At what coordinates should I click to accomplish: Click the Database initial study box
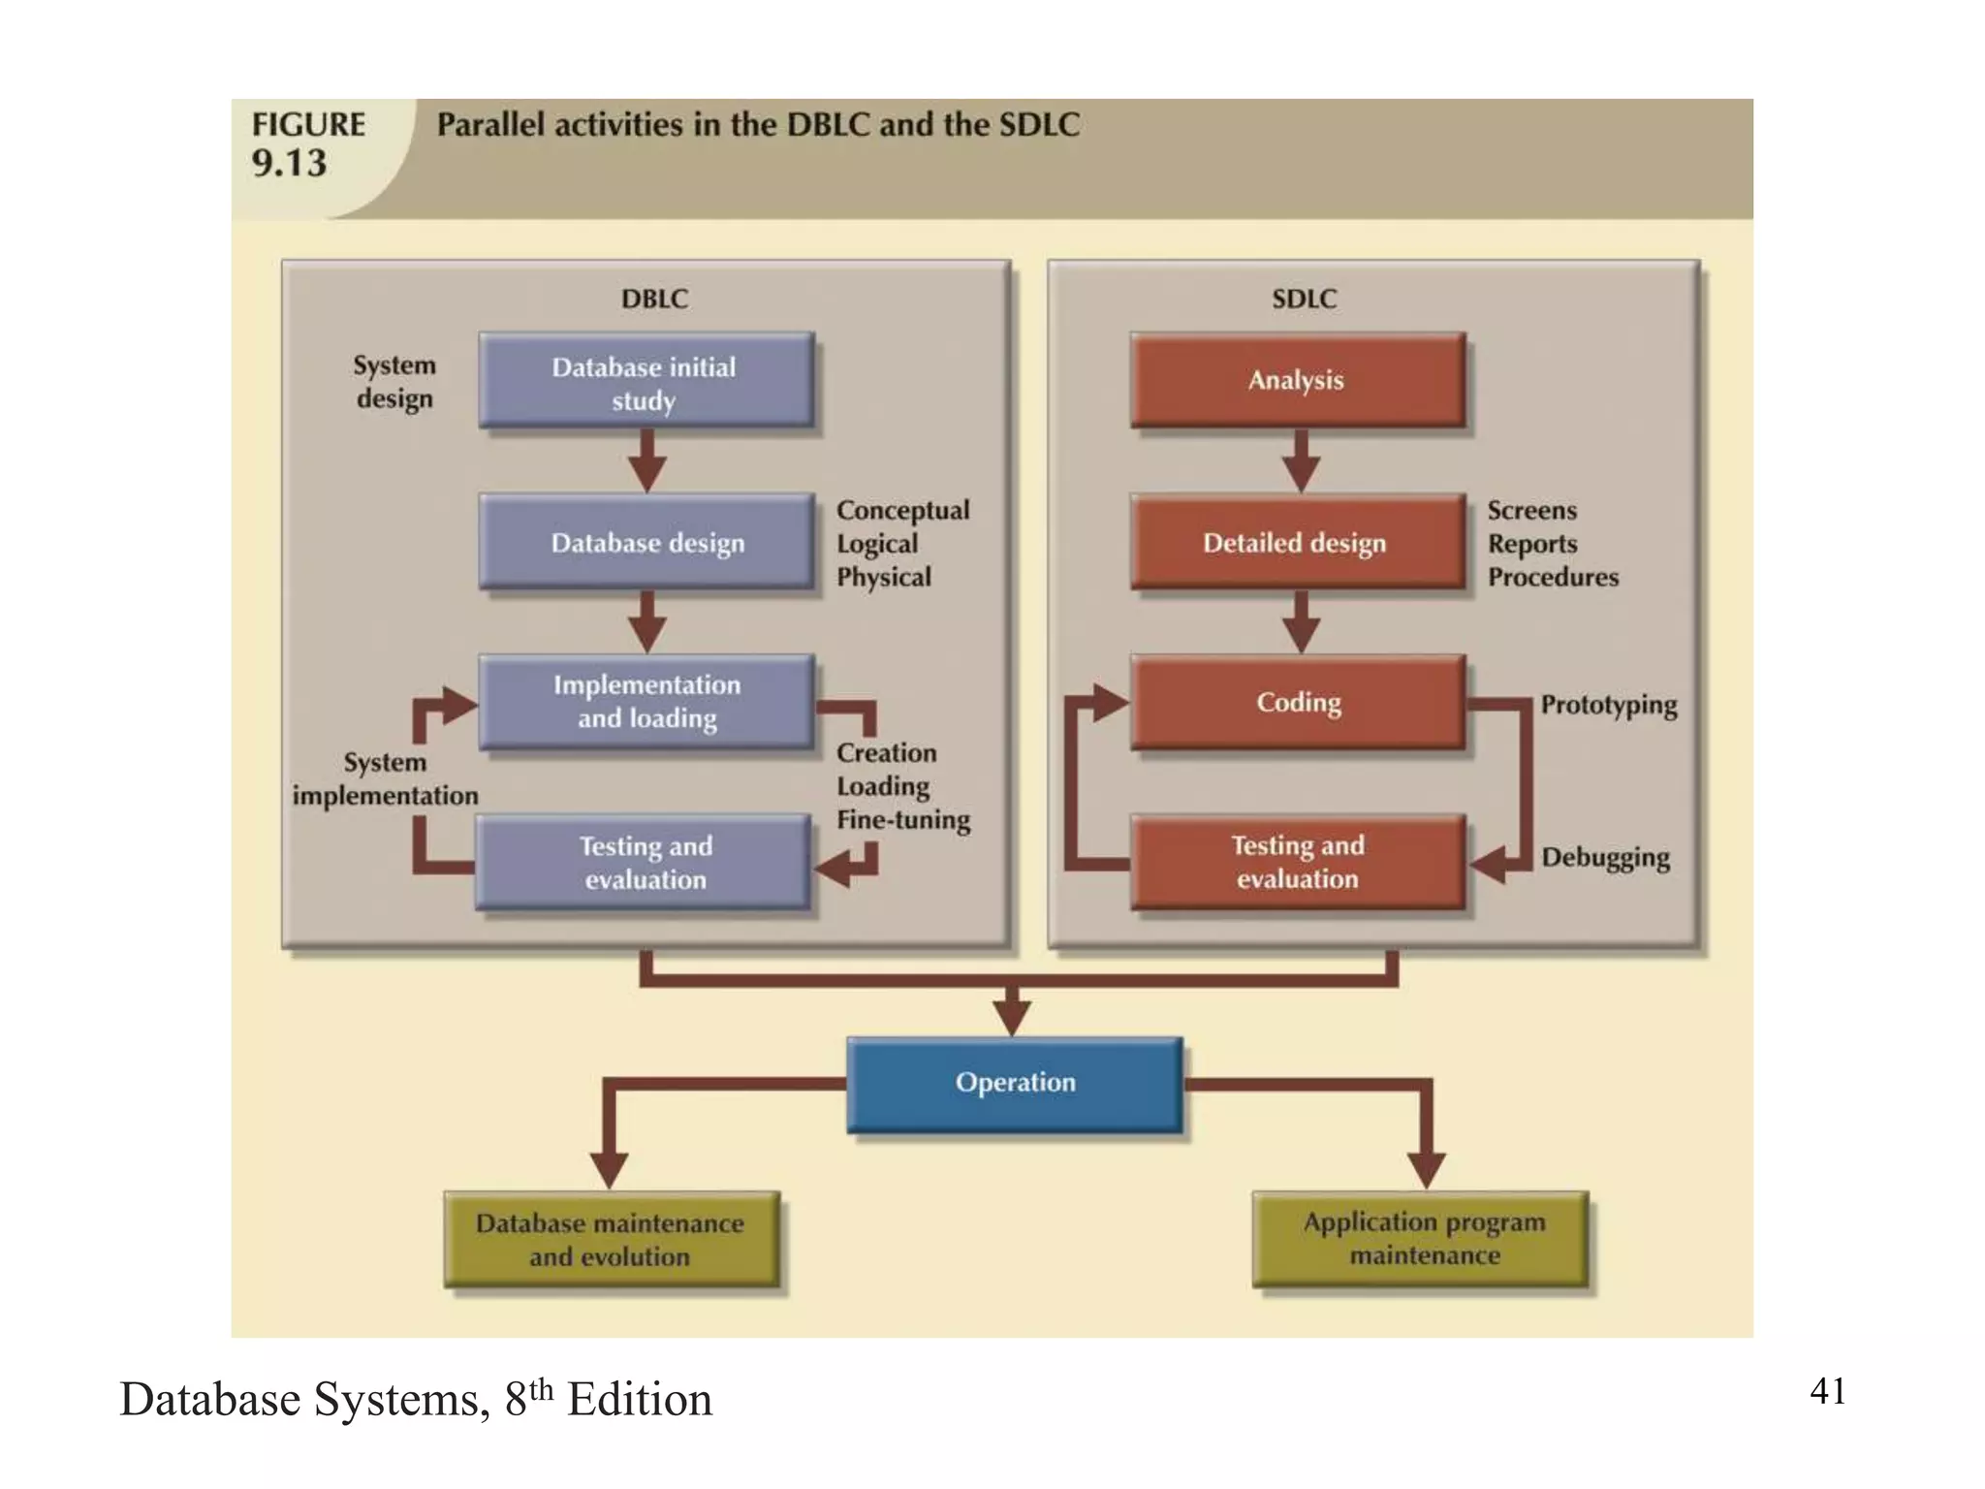point(646,381)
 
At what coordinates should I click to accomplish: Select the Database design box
point(646,542)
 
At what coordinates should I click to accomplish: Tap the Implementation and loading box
point(646,702)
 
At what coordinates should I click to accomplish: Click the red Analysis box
point(1297,380)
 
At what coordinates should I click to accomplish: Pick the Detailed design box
point(1297,542)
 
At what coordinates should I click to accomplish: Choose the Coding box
point(1297,702)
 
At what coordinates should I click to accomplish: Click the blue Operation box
point(1015,1083)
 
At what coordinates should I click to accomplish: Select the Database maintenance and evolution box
point(611,1239)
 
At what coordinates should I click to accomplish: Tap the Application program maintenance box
point(1423,1238)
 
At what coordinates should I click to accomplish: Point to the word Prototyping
point(1608,705)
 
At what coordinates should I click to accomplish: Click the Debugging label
point(1605,858)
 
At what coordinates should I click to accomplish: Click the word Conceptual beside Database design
point(902,511)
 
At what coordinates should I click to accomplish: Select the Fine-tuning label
point(903,820)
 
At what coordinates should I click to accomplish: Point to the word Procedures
point(1553,578)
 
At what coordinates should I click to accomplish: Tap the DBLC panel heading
point(654,299)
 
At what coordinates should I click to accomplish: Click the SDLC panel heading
point(1304,299)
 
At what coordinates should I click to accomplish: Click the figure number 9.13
point(289,164)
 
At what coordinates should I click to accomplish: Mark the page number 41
point(1827,1391)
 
